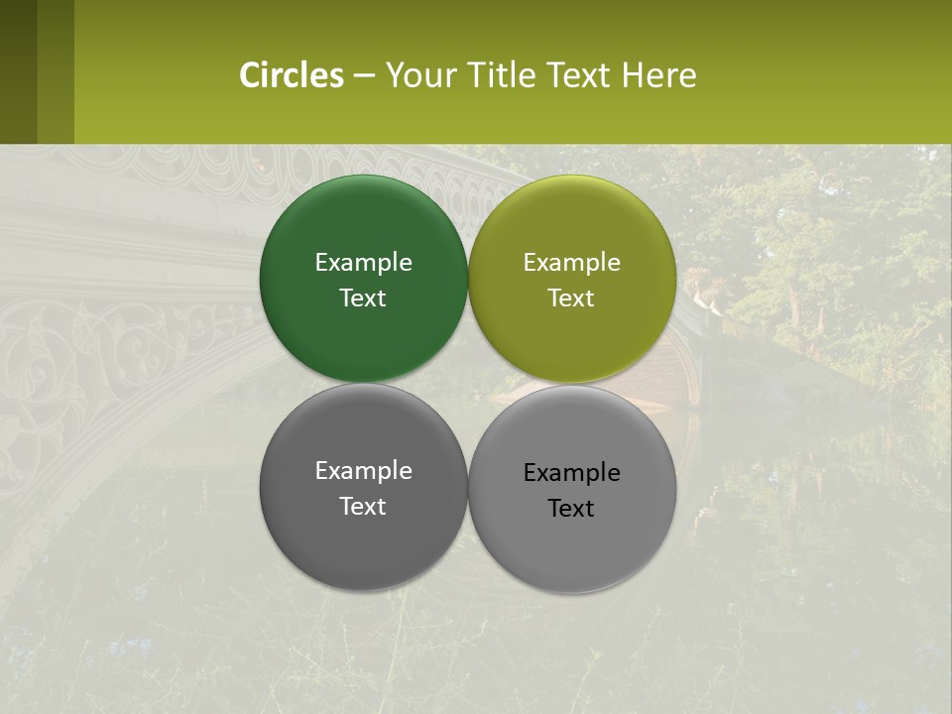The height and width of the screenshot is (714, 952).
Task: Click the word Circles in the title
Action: tap(292, 75)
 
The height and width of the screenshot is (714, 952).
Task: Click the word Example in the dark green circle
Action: tap(363, 263)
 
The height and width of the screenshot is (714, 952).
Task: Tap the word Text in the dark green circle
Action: tap(363, 298)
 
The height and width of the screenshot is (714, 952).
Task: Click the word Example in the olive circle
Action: tap(572, 263)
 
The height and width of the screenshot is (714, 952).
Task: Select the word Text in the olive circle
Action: tap(572, 298)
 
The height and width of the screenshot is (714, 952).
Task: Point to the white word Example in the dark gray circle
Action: tap(363, 471)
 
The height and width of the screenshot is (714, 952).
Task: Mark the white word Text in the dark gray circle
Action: tap(363, 507)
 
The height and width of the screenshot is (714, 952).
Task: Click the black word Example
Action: tap(572, 473)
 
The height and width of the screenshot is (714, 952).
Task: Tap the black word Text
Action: tap(572, 509)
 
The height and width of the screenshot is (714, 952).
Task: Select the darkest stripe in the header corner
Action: tap(18, 71)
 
